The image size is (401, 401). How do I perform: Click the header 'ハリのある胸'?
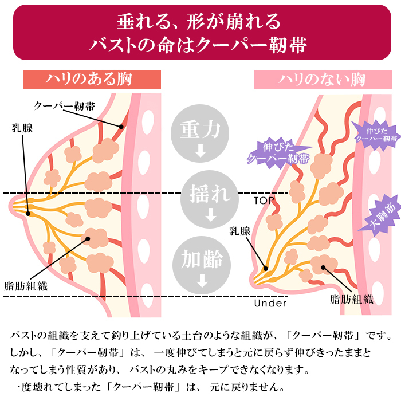coord(91,79)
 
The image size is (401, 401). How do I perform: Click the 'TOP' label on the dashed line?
coord(264,200)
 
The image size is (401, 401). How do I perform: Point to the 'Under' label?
coord(270,303)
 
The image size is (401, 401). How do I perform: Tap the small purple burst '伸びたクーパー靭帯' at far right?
coord(376,133)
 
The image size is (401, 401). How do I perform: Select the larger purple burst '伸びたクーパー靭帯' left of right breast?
coord(279,152)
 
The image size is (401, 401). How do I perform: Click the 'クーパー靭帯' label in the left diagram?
coord(65,105)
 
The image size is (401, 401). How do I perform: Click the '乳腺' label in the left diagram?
coord(22,127)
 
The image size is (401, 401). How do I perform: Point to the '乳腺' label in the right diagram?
coord(240,231)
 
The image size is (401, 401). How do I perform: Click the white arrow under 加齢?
coord(200,281)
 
